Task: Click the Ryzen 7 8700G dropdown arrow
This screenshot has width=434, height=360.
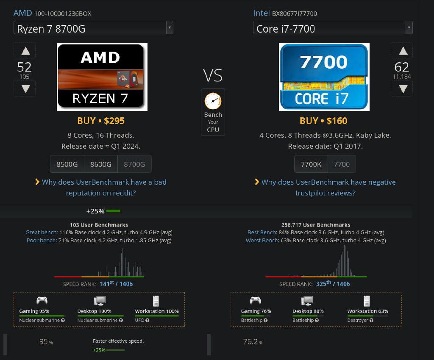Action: pos(170,28)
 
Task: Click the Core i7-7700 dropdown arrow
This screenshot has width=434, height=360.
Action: pos(409,28)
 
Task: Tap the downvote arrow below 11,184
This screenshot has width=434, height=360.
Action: pos(403,89)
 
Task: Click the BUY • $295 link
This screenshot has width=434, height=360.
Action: pos(101,121)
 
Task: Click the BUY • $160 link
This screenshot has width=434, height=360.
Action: pos(323,121)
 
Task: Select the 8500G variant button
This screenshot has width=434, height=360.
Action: pos(67,164)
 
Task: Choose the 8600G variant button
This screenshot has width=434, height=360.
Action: pos(100,164)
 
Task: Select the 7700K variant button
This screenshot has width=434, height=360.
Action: pos(311,164)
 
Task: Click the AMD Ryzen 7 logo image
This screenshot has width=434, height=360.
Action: pos(102,77)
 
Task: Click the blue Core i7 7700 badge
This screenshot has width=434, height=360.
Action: pos(324,77)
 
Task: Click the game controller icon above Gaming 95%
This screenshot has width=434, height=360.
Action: pos(42,301)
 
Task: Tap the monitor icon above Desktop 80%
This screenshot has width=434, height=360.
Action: pos(307,301)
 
